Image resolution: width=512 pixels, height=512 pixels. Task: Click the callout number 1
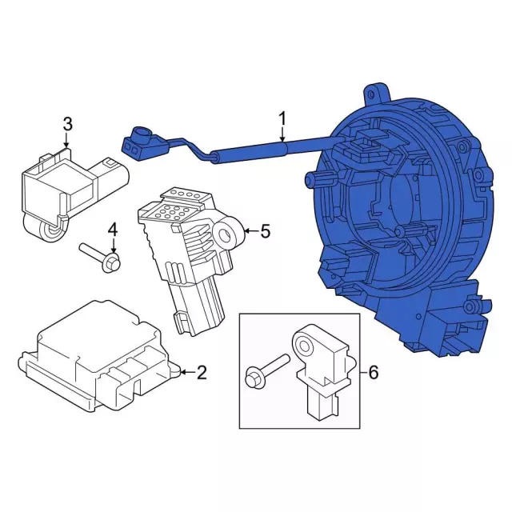pos(282,119)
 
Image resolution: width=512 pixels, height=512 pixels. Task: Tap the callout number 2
pos(202,371)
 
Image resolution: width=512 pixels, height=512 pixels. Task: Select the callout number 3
pos(67,124)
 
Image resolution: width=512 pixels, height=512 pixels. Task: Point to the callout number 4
pos(113,230)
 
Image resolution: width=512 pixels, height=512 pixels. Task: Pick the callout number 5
pos(265,232)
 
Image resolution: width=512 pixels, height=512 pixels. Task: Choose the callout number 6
pos(372,372)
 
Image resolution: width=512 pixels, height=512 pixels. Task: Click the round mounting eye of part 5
pos(232,233)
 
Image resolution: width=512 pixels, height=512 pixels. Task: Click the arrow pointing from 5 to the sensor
pos(250,232)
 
